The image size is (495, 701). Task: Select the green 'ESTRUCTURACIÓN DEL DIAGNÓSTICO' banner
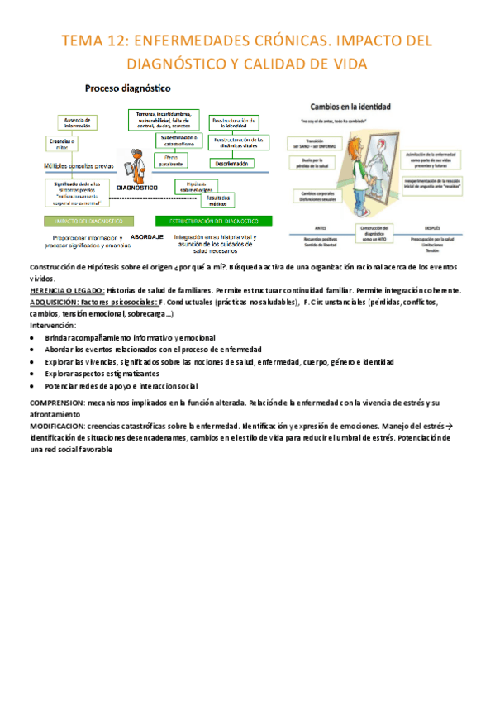[213, 221]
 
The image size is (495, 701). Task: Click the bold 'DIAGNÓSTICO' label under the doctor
[138, 188]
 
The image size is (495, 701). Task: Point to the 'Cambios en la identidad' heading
[350, 106]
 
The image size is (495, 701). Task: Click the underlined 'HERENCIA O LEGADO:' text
[67, 291]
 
